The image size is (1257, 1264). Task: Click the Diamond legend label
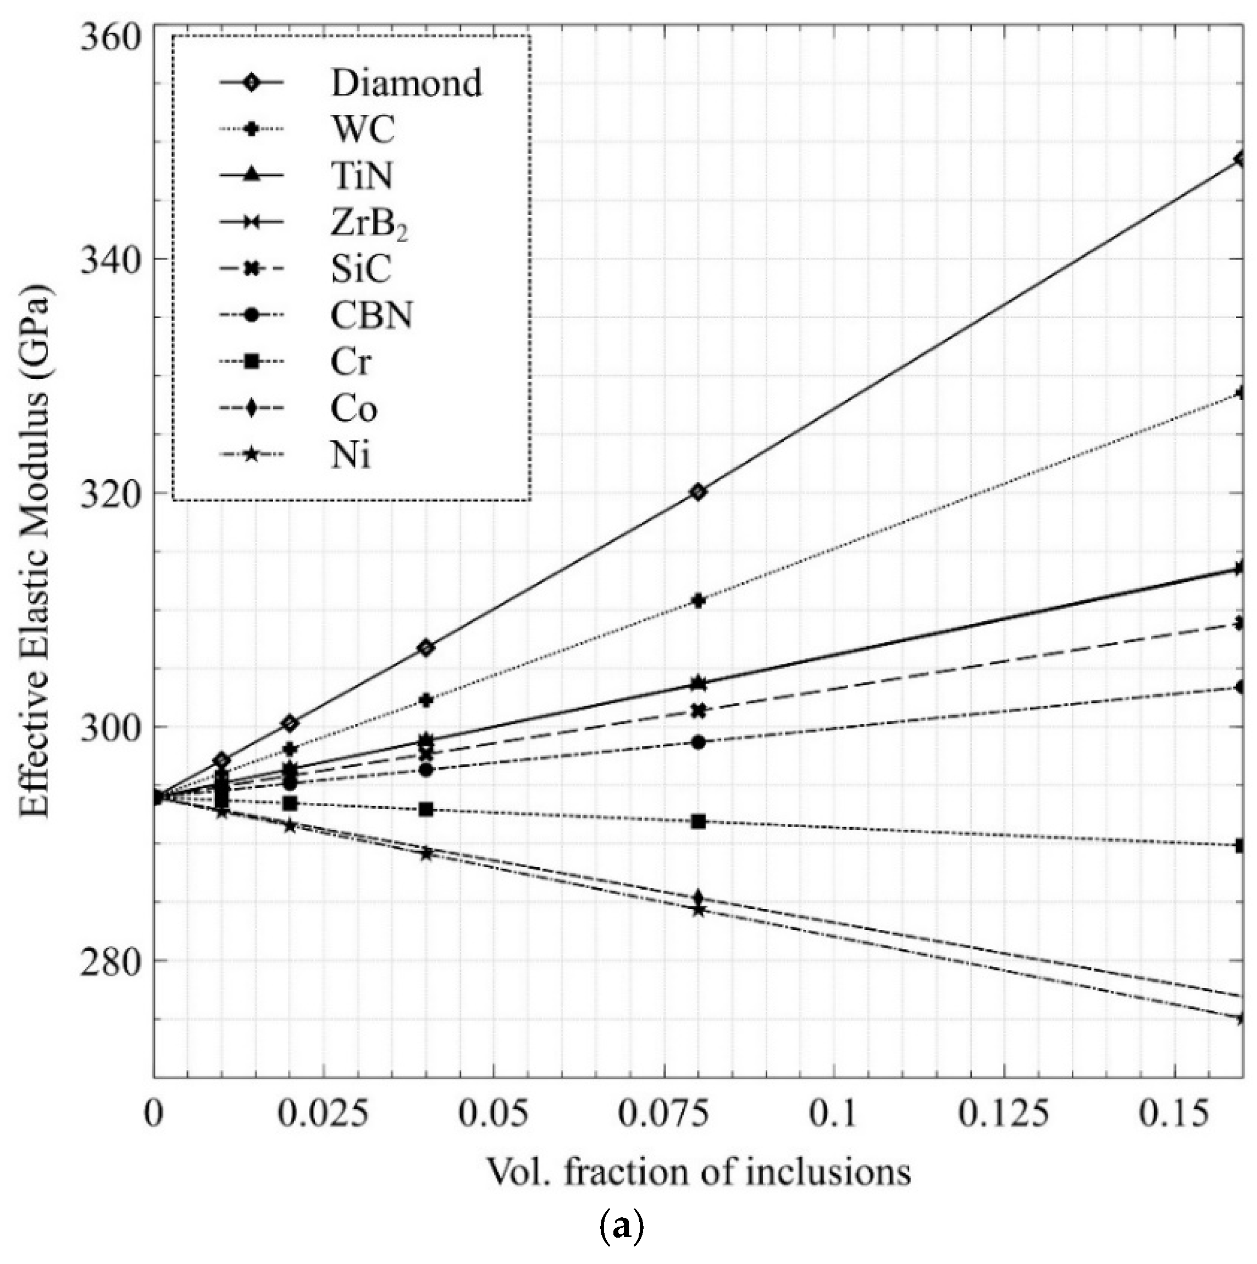406,83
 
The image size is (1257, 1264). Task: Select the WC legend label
363,130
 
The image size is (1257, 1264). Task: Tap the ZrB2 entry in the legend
369,224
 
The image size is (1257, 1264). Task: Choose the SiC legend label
361,269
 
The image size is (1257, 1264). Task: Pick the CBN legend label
371,316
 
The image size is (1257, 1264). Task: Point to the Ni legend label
351,456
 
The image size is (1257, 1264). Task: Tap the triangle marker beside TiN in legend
251,176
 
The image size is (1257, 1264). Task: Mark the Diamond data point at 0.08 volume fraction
698,492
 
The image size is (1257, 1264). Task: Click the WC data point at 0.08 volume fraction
698,600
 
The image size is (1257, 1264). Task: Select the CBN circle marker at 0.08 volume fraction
698,742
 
